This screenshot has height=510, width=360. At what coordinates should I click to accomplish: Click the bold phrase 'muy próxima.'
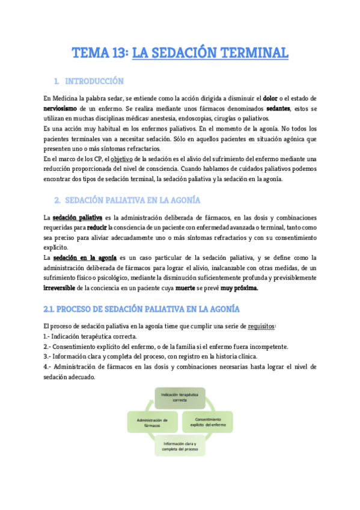239,287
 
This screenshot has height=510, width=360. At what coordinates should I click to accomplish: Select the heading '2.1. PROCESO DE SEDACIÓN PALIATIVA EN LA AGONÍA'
142,309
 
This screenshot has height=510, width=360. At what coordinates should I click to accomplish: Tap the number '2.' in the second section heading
57,200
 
